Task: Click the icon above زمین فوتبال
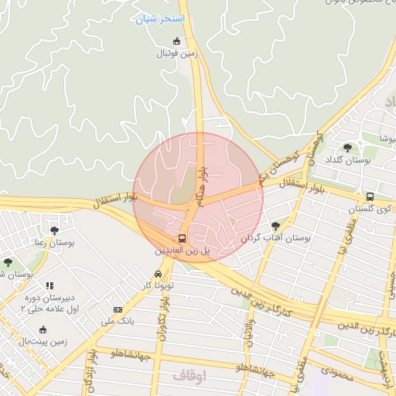[x=177, y=41]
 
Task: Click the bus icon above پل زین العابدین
[x=182, y=238]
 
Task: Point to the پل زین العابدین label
[x=181, y=251]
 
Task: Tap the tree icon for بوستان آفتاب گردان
[x=276, y=226]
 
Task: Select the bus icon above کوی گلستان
[x=370, y=196]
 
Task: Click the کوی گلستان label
[x=370, y=209]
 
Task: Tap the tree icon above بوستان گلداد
[x=347, y=147]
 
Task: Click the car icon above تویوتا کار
[x=159, y=274]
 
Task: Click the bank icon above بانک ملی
[x=118, y=309]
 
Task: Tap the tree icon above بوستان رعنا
[x=53, y=230]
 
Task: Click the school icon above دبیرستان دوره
[x=49, y=285]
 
